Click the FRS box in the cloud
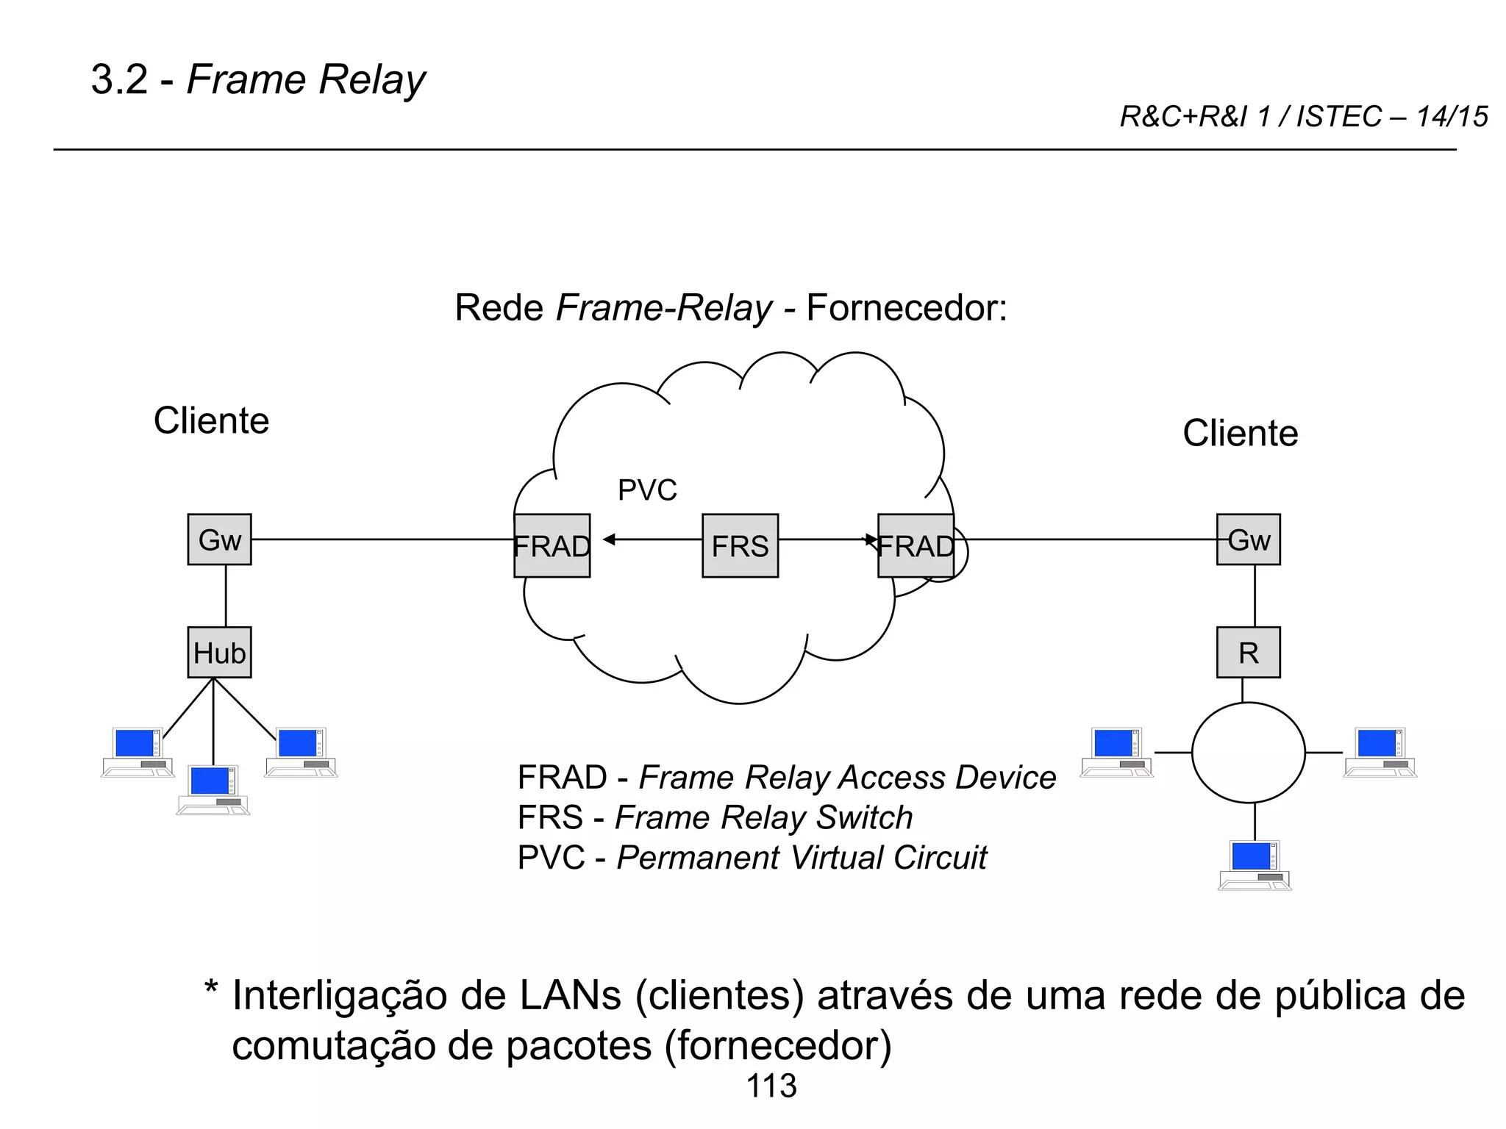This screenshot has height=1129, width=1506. (740, 545)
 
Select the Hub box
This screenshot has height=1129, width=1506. (219, 652)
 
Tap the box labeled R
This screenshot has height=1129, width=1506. (1248, 652)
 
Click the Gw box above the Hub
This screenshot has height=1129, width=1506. (219, 540)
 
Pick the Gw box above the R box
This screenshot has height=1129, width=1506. (1248, 540)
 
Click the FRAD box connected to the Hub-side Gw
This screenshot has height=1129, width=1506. (552, 545)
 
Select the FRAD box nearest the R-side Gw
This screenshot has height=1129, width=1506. (916, 545)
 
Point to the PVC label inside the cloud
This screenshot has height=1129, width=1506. (647, 490)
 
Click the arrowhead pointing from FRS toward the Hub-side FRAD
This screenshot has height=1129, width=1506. (609, 540)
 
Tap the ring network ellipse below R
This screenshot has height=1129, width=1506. (1248, 752)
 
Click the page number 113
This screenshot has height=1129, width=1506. (771, 1086)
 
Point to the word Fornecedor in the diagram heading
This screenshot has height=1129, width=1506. (906, 307)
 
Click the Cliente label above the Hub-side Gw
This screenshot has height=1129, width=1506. (211, 420)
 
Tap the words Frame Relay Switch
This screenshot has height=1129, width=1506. (763, 817)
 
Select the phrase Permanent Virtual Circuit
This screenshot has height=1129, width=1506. (802, 858)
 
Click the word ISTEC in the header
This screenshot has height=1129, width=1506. (1338, 117)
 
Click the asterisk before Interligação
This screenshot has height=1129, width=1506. (211, 989)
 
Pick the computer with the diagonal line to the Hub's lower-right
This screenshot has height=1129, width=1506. (301, 751)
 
